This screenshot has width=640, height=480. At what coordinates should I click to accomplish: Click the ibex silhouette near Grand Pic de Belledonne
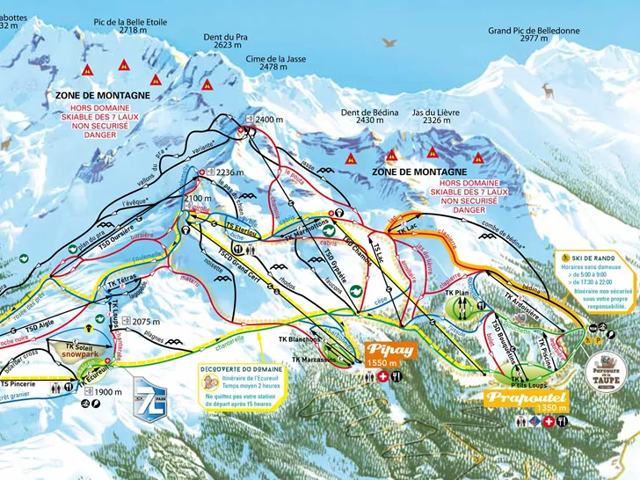[x=548, y=89]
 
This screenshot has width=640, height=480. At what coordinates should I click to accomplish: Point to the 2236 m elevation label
[x=227, y=173]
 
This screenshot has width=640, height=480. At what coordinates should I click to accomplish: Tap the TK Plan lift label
[x=454, y=293]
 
